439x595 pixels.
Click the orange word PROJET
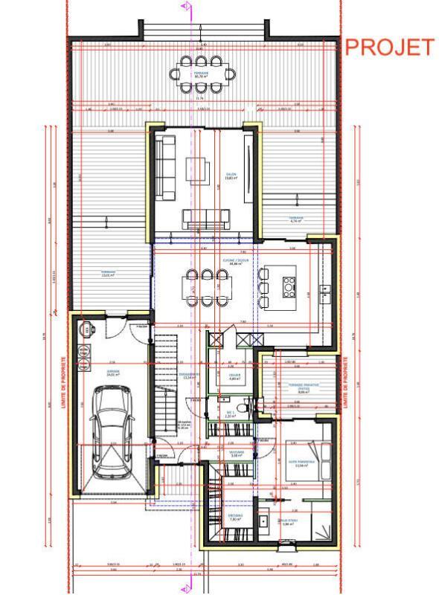pyautogui.click(x=389, y=47)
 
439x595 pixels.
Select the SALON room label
pyautogui.click(x=231, y=176)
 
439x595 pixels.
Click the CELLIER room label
pyautogui.click(x=235, y=376)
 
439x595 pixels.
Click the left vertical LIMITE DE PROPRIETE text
pyautogui.click(x=65, y=379)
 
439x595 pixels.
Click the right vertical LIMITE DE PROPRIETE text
pyautogui.click(x=347, y=379)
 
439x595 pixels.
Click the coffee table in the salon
pyautogui.click(x=199, y=166)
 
